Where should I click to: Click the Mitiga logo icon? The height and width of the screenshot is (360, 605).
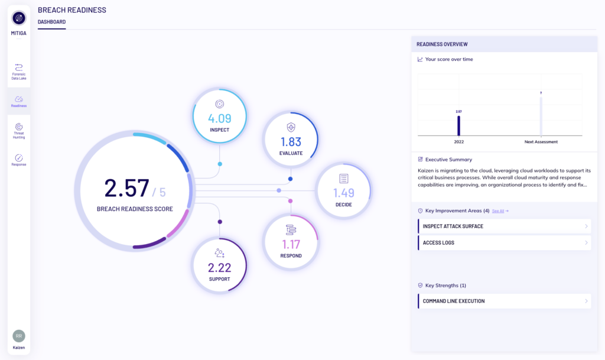[x=18, y=18]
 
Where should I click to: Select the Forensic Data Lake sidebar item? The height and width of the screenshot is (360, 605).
[x=18, y=72]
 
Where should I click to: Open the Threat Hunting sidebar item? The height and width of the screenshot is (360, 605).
[x=18, y=131]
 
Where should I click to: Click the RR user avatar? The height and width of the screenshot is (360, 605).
[x=18, y=336]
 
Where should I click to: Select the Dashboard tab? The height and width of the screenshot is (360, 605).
[x=52, y=22]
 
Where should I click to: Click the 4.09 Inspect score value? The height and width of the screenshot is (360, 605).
[x=220, y=118]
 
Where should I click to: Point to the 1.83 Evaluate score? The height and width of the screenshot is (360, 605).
[x=291, y=142]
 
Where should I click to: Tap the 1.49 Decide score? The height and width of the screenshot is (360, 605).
[x=343, y=193]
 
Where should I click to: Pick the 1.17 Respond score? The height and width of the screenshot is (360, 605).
[x=291, y=244]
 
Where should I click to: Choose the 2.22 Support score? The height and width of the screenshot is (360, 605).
[x=220, y=267]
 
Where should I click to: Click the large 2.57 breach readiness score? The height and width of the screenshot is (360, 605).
[x=126, y=189]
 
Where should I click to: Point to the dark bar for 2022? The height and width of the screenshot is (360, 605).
[x=458, y=126]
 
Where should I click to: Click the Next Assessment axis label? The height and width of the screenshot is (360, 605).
[x=541, y=142]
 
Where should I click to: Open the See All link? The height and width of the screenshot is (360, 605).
[x=498, y=211]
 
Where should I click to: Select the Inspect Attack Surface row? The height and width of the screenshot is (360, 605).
[x=505, y=226]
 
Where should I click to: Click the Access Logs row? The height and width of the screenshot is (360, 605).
[x=505, y=243]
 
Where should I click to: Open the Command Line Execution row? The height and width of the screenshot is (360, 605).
[x=505, y=301]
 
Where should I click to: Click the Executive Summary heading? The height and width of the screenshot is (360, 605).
[x=448, y=160]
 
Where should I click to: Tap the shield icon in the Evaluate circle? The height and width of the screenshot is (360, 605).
[x=291, y=127]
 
